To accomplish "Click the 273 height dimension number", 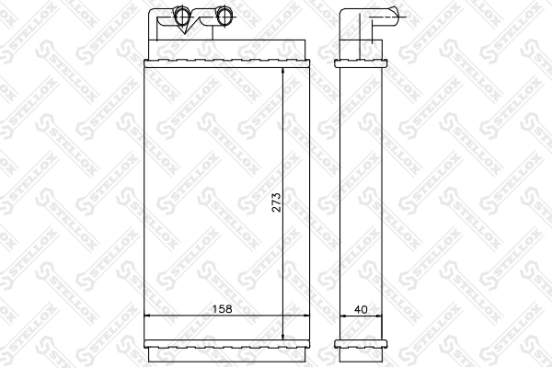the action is pos(277,202).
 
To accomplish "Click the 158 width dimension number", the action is pos(222,309).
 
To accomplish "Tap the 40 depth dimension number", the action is pos(361,309).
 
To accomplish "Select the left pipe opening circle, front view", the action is pos(182,16).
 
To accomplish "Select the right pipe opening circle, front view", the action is pos(224,16).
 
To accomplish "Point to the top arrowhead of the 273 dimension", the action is pos(283,72).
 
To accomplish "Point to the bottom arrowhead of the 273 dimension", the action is pos(283,337).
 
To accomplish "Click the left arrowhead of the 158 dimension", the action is pos(148,316).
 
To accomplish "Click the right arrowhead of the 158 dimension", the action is pos(305,316).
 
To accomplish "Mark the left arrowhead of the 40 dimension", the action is pos(343,316).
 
